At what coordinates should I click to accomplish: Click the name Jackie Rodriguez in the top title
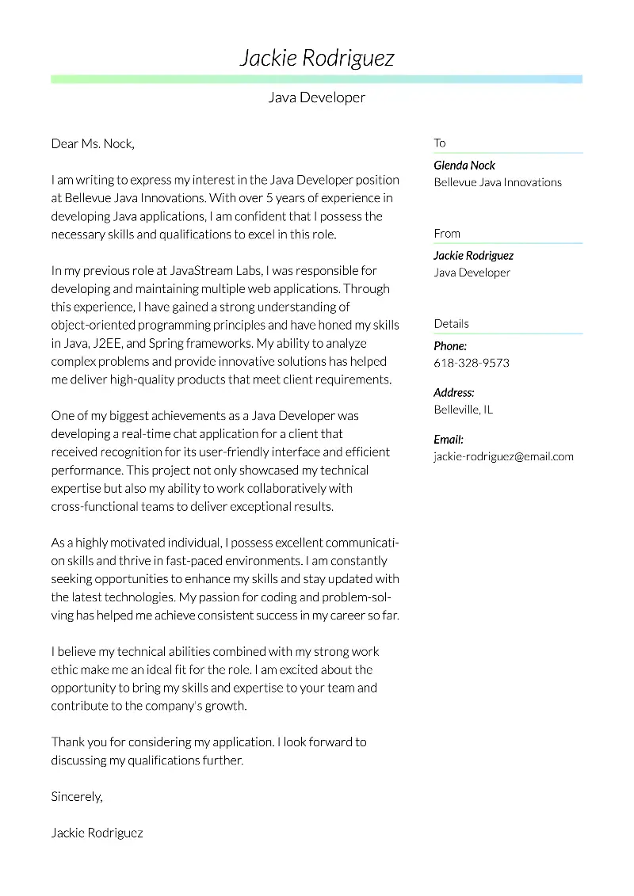(316, 58)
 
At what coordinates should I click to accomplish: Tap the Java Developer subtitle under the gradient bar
(316, 97)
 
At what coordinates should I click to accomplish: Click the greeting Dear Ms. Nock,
(93, 143)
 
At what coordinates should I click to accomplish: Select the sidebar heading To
(440, 143)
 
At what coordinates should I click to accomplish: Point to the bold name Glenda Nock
(464, 165)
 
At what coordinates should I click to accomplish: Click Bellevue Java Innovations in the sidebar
(498, 182)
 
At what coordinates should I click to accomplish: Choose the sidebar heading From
(447, 233)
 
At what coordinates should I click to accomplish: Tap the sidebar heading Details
(451, 323)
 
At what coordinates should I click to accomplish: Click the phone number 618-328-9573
(472, 363)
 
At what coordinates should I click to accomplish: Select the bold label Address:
(454, 392)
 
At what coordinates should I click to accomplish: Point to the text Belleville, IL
(463, 410)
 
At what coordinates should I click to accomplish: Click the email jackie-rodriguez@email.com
(503, 456)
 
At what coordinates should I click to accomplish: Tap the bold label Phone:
(450, 346)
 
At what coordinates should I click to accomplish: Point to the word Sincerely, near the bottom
(77, 796)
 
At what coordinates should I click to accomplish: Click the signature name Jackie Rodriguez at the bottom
(97, 833)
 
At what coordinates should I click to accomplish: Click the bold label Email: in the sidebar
(449, 439)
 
